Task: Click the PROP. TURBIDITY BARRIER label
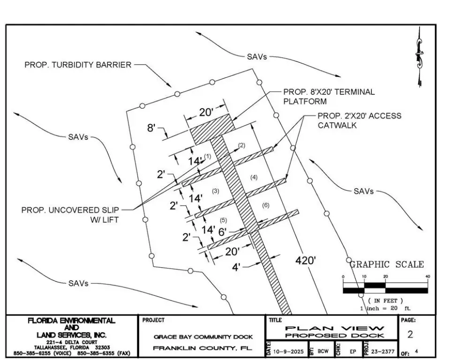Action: pyautogui.click(x=78, y=65)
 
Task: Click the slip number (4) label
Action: pyautogui.click(x=254, y=177)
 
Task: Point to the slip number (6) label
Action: pyautogui.click(x=265, y=205)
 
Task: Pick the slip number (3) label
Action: pyautogui.click(x=215, y=191)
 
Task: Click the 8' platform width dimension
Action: pyautogui.click(x=151, y=127)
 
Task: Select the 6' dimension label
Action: pyautogui.click(x=223, y=231)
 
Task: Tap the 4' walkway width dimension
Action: pyautogui.click(x=237, y=267)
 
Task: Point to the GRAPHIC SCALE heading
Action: pyautogui.click(x=386, y=264)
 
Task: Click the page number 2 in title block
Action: pyautogui.click(x=410, y=335)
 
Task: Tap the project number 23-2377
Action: pyautogui.click(x=382, y=351)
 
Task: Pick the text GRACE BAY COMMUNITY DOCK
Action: pyautogui.click(x=203, y=337)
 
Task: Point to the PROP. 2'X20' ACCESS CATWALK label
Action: pyautogui.click(x=359, y=120)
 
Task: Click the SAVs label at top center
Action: pyautogui.click(x=256, y=57)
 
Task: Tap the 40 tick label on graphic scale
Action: pyautogui.click(x=427, y=277)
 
